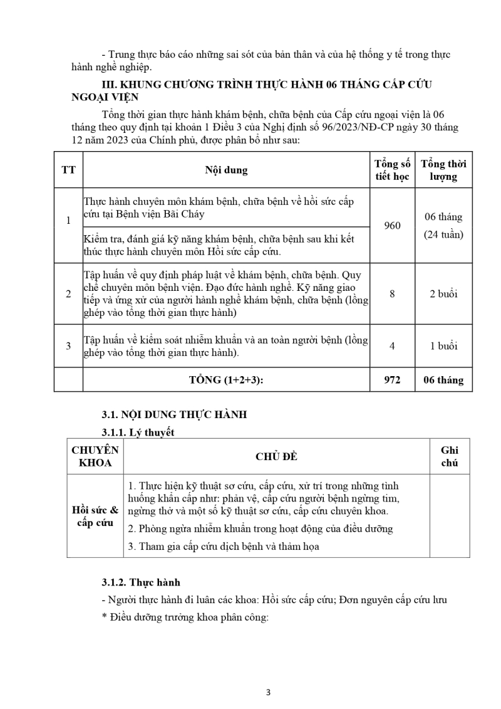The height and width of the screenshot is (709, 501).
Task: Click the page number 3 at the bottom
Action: point(268,693)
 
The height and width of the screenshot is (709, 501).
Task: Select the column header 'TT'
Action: point(68,170)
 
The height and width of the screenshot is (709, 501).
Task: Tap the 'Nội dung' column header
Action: point(226,170)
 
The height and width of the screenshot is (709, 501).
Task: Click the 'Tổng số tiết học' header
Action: point(392,170)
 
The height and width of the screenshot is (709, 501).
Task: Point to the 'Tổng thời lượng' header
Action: point(443,170)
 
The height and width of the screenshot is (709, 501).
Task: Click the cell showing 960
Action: point(392,226)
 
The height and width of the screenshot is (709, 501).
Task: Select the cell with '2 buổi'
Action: point(443,293)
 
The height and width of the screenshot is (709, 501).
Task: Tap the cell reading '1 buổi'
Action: point(443,345)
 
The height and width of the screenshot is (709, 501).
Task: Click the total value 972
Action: point(392,380)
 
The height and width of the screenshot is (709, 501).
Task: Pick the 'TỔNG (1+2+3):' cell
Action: point(226,380)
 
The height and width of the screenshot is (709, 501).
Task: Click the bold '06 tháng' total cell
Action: point(443,380)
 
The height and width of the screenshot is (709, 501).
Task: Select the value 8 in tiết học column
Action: point(392,293)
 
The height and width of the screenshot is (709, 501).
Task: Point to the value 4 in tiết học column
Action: point(392,345)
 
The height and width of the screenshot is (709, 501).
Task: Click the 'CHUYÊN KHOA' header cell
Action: point(95,456)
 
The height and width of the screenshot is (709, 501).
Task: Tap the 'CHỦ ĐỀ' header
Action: point(276,456)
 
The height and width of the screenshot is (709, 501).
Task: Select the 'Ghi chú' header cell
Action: point(449,456)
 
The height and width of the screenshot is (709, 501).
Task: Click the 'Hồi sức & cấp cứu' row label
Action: point(95,516)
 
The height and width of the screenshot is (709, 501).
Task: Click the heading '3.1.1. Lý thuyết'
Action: point(138,432)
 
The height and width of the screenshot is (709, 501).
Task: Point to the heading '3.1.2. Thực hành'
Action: point(141,582)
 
